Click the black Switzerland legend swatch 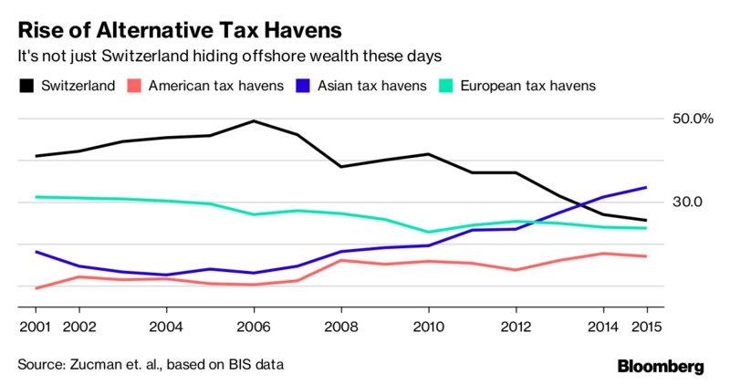tap(26, 87)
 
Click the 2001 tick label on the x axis tap(34, 326)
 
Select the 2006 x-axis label tap(253, 326)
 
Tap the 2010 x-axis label tap(428, 326)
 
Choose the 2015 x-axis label tap(646, 326)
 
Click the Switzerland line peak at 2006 tap(253, 120)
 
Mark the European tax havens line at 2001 tap(35, 196)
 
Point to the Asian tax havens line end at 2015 tap(647, 187)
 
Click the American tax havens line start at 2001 tap(35, 288)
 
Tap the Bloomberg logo tap(661, 367)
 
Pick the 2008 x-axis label tap(340, 326)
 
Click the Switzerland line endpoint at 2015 tap(647, 220)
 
